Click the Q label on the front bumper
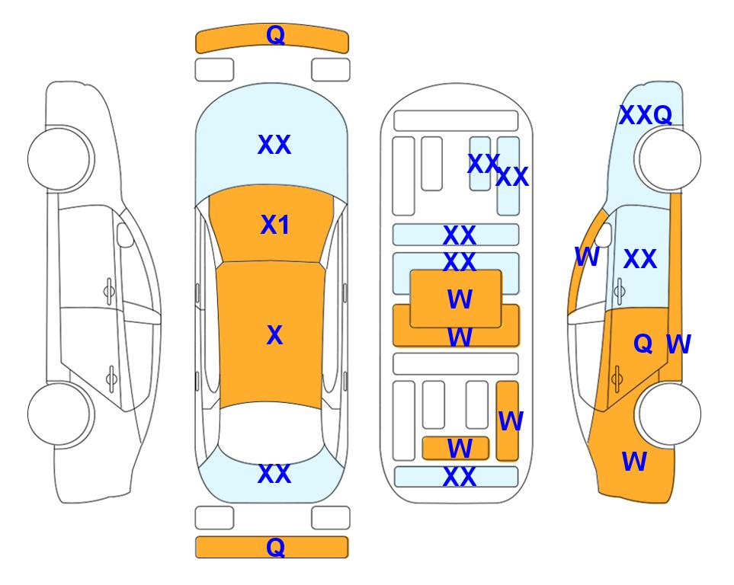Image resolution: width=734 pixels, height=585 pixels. (275, 35)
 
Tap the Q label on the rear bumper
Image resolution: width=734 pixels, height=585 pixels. (275, 547)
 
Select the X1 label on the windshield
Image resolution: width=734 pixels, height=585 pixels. (275, 225)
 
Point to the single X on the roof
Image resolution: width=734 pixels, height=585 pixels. (275, 335)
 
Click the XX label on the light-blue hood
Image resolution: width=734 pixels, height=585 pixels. (274, 145)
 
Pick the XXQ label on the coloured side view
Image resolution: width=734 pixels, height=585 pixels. (646, 115)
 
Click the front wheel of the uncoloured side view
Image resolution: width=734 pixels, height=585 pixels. (59, 158)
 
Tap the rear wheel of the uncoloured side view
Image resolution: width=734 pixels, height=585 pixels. (59, 414)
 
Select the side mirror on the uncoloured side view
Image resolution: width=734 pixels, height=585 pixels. (125, 235)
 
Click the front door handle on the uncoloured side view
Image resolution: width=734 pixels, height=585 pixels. (109, 291)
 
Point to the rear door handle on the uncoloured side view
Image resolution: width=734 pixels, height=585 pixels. (111, 379)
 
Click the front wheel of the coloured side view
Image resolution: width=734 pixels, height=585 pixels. (669, 158)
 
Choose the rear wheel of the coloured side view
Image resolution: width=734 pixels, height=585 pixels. (669, 414)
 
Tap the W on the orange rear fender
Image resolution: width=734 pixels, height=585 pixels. (634, 462)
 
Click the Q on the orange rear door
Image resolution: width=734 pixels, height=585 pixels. (643, 344)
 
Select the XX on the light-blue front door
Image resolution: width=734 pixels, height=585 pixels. (640, 259)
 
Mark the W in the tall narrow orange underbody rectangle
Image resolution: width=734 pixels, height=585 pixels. (511, 421)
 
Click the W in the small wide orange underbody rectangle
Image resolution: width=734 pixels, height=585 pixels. (460, 449)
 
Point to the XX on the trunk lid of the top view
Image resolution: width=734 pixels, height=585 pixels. (274, 474)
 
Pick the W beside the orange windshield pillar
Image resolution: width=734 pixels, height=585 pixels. (587, 257)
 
